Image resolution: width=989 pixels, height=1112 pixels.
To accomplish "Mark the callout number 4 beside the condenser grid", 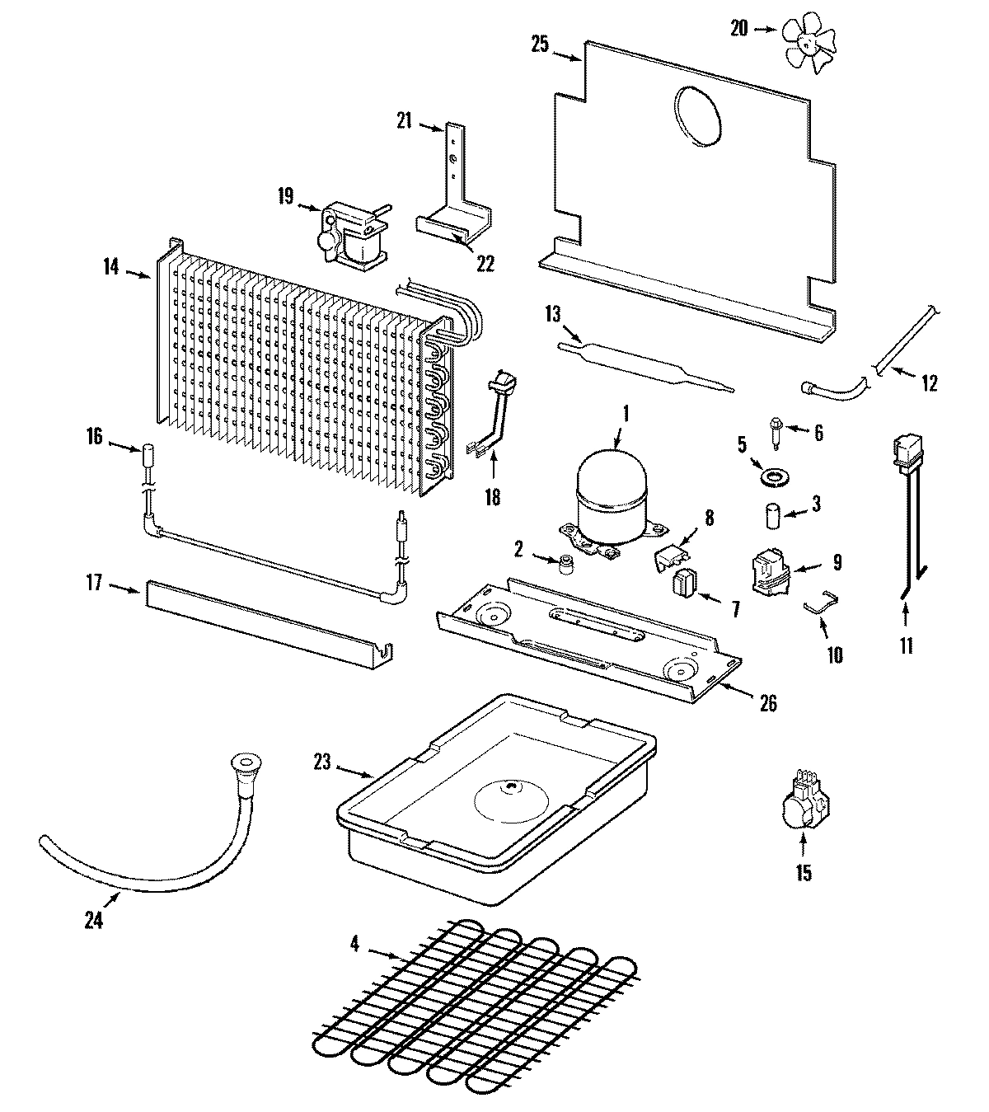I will [x=354, y=944].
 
